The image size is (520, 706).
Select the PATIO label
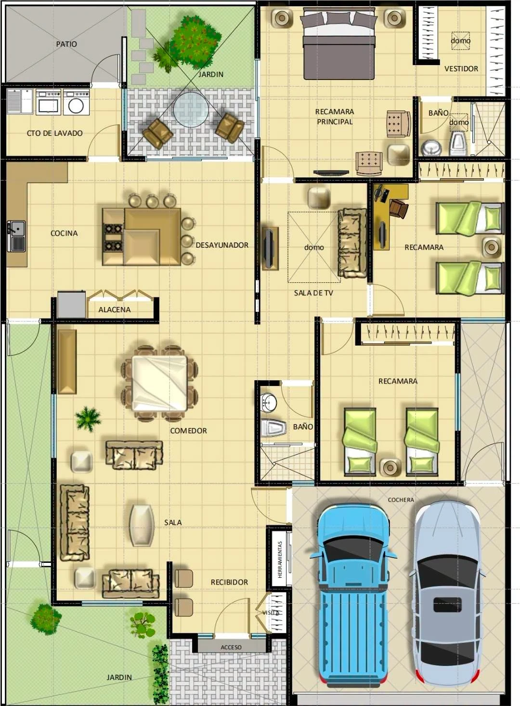(x=66, y=44)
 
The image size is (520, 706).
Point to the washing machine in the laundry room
(x=76, y=102)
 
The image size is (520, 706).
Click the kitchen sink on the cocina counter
(x=16, y=236)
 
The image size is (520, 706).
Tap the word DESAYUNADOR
(x=222, y=245)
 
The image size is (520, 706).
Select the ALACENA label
(x=114, y=309)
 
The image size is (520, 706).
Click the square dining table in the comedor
(x=160, y=383)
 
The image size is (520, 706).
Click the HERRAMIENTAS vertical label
(x=280, y=560)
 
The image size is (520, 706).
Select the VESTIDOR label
(x=461, y=68)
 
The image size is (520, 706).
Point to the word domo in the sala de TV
(x=314, y=247)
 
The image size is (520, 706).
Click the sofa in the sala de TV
(x=352, y=243)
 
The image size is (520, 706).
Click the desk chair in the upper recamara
(x=399, y=208)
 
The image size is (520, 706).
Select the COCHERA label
(x=401, y=500)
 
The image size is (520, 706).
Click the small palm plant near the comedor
(x=89, y=419)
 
